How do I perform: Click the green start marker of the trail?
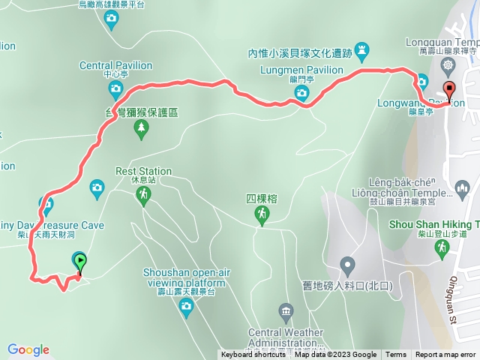click(x=79, y=262)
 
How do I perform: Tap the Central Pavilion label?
click(x=115, y=66)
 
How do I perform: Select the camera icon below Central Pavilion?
click(x=115, y=91)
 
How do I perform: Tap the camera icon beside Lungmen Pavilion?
click(x=301, y=93)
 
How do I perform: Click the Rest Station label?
click(x=144, y=171)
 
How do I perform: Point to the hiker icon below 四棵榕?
click(x=262, y=216)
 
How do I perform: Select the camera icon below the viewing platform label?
click(x=186, y=308)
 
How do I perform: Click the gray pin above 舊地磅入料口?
click(x=346, y=265)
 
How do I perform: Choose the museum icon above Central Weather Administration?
click(x=286, y=310)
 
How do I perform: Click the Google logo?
click(x=28, y=349)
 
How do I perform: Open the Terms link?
click(x=396, y=355)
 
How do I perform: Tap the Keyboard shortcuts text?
click(x=253, y=355)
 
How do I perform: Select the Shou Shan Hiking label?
click(x=434, y=224)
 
